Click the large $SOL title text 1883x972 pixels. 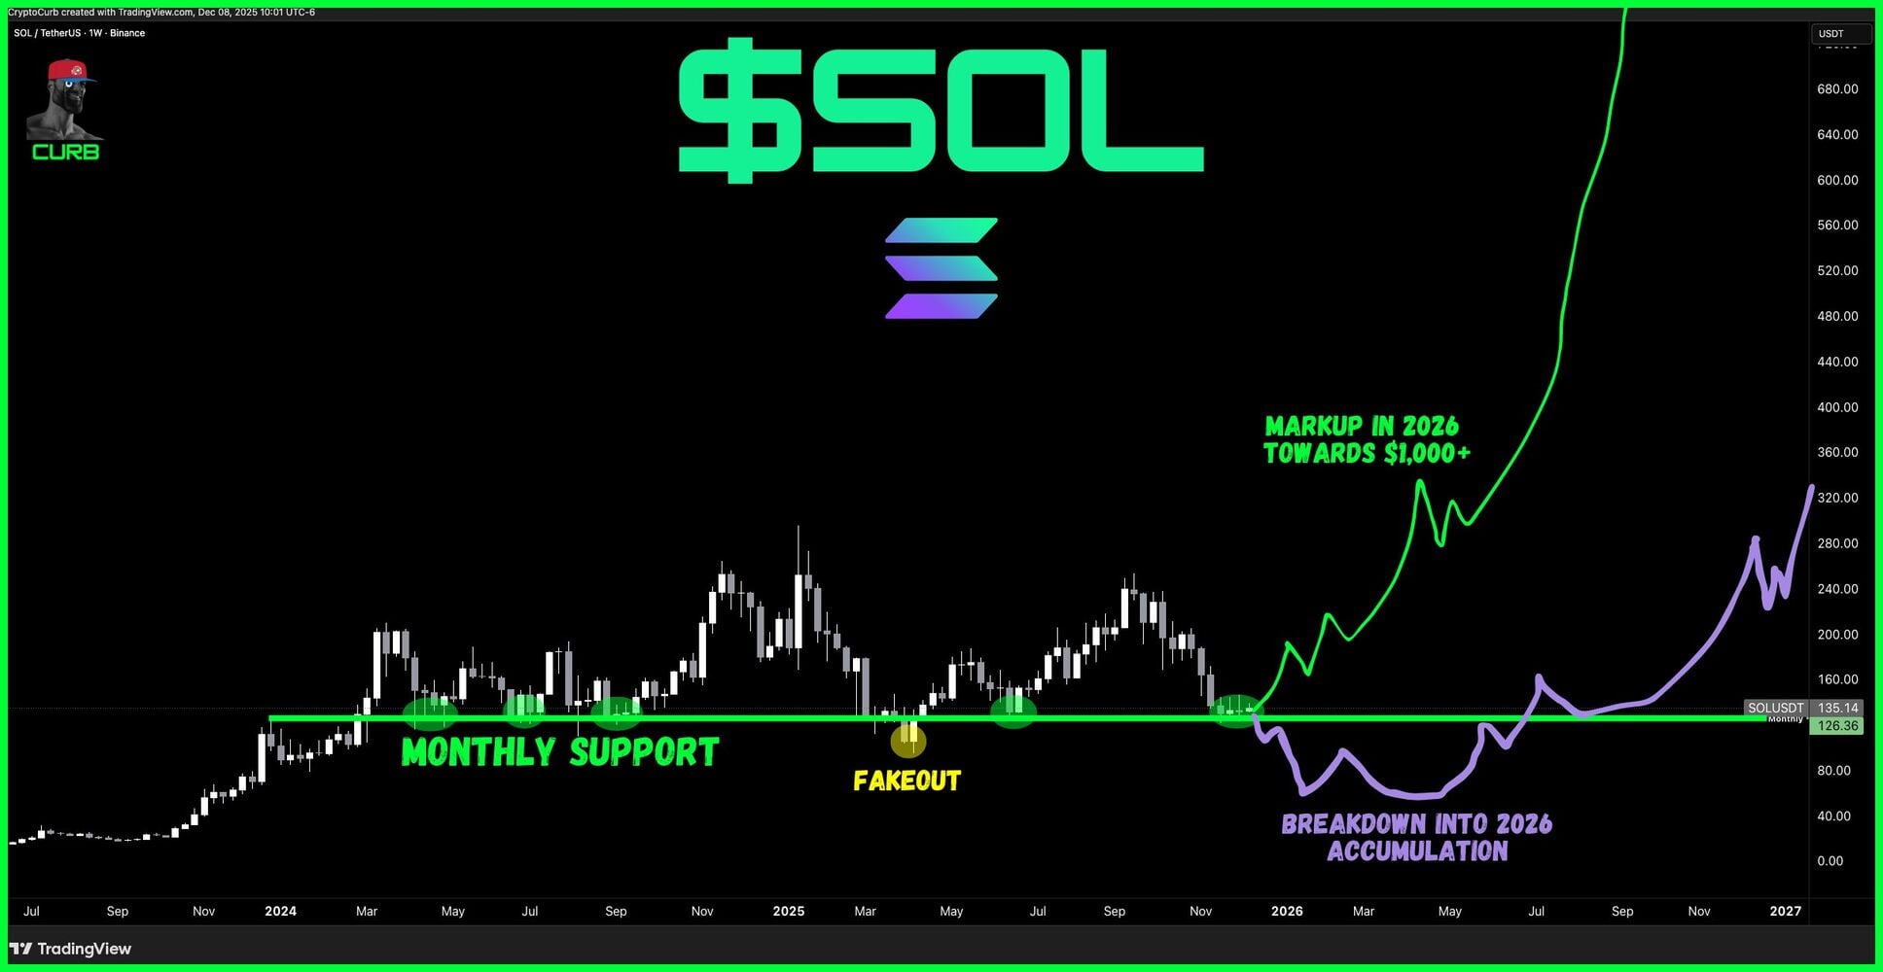click(941, 109)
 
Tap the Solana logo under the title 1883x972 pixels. click(941, 268)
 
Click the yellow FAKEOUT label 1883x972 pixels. click(906, 781)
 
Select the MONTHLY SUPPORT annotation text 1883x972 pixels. click(560, 752)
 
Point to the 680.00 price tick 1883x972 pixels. click(1837, 88)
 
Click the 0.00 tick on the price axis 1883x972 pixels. click(1830, 860)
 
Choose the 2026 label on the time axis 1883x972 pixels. click(1287, 911)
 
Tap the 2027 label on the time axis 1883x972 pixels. click(1785, 911)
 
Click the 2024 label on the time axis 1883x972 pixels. click(280, 911)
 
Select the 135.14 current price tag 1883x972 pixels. click(1837, 708)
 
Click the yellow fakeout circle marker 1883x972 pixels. click(908, 742)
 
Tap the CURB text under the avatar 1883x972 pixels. click(65, 152)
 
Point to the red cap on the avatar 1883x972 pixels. click(70, 70)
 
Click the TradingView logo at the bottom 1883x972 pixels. click(70, 949)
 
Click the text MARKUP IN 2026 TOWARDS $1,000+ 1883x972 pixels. click(1367, 439)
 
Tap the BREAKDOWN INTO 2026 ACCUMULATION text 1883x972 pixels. click(1417, 837)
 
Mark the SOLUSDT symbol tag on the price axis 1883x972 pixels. click(1776, 708)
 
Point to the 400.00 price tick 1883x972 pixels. click(1837, 407)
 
